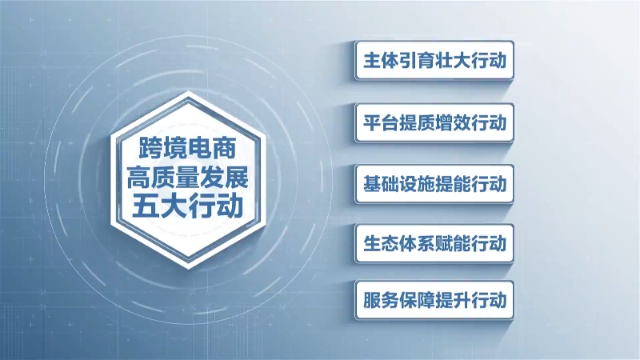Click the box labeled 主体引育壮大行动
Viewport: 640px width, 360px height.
pyautogui.click(x=434, y=60)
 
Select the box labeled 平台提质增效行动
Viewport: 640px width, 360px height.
pyautogui.click(x=434, y=122)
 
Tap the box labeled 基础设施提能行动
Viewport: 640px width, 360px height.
pyautogui.click(x=434, y=184)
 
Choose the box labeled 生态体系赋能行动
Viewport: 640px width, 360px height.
pyautogui.click(x=434, y=243)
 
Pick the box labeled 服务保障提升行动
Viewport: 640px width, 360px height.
pyautogui.click(x=434, y=300)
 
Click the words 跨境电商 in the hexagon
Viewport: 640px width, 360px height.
pyautogui.click(x=187, y=148)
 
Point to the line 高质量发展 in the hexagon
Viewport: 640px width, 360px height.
pyautogui.click(x=187, y=178)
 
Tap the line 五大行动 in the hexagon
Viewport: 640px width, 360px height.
pyautogui.click(x=187, y=206)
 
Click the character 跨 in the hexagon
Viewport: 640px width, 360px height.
pyautogui.click(x=150, y=148)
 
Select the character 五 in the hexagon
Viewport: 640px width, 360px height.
pyautogui.click(x=145, y=207)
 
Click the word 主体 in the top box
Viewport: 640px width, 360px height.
pyautogui.click(x=381, y=61)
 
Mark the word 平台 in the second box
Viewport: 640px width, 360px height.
pyautogui.click(x=381, y=123)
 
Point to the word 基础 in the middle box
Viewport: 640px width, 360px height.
pyautogui.click(x=381, y=184)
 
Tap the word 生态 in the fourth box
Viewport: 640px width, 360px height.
pyautogui.click(x=381, y=244)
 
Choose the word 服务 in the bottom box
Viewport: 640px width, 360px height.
pyautogui.click(x=381, y=301)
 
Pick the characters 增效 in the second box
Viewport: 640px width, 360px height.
pyautogui.click(x=453, y=123)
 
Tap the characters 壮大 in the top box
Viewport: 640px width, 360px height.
pyautogui.click(x=453, y=61)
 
